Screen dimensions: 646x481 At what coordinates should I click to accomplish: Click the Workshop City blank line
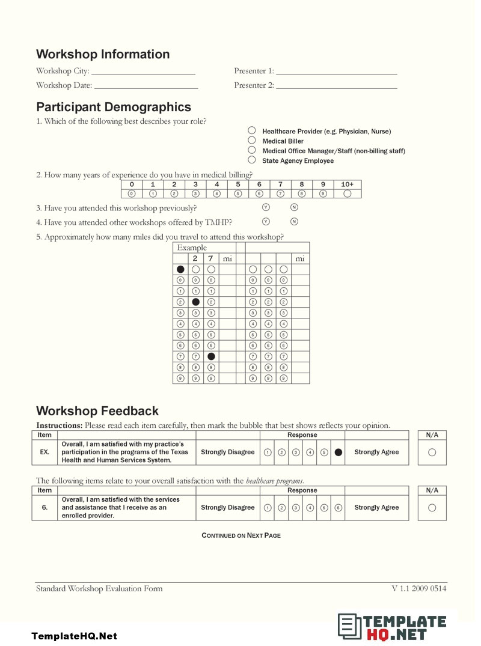click(x=144, y=72)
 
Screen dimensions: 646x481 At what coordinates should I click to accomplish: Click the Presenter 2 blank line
click(x=337, y=87)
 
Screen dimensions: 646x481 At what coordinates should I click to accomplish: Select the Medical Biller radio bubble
click(x=252, y=141)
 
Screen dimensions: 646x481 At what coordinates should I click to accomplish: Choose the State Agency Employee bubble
click(x=252, y=160)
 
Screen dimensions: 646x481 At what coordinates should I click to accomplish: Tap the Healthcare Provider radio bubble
click(x=252, y=130)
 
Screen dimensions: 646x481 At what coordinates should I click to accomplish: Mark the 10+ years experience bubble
click(x=347, y=193)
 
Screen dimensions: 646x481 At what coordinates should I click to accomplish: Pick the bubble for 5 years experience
click(x=237, y=193)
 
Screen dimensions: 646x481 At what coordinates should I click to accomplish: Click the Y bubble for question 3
click(x=266, y=207)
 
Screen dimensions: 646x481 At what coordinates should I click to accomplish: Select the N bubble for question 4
click(x=294, y=222)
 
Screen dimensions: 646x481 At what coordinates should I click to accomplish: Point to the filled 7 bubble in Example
click(x=211, y=356)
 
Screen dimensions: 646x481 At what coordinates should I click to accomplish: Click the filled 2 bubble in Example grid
click(x=195, y=302)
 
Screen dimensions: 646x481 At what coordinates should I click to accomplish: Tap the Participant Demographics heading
click(x=114, y=107)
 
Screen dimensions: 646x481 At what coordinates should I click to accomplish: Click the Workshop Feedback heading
click(x=97, y=411)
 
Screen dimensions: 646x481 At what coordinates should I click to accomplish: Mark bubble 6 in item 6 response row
click(x=339, y=508)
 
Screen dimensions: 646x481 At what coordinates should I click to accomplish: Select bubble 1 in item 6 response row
click(x=268, y=508)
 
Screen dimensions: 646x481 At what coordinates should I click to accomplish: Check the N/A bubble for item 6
click(x=432, y=508)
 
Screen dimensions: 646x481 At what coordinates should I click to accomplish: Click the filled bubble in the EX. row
click(x=339, y=453)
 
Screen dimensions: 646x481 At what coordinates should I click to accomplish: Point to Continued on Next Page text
click(x=240, y=535)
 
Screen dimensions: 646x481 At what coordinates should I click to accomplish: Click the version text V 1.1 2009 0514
click(x=418, y=589)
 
